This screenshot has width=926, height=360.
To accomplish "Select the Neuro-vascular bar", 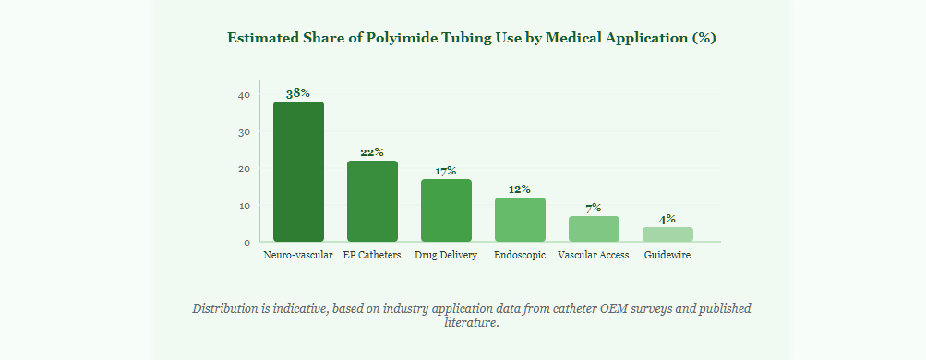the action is (298, 172).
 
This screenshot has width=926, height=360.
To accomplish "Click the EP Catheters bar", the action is (372, 201).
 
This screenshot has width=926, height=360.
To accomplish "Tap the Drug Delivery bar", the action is (446, 210).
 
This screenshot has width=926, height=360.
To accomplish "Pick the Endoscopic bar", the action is (520, 220).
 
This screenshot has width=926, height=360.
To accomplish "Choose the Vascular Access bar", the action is (594, 229).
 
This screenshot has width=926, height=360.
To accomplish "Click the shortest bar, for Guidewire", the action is (667, 234).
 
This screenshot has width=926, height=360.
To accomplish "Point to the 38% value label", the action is (298, 93).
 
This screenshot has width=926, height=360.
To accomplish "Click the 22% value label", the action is (372, 152).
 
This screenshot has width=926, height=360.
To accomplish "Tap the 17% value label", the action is (446, 171).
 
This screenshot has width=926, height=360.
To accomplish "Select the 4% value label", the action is (667, 220).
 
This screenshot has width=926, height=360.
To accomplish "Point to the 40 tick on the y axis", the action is (245, 94).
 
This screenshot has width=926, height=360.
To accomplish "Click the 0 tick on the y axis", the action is (247, 242).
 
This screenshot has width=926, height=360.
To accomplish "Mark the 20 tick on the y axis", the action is (245, 168).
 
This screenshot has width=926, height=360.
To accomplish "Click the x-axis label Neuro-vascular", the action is (298, 256).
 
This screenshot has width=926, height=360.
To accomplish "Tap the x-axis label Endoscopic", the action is (520, 256).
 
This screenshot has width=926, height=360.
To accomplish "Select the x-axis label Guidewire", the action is (667, 256).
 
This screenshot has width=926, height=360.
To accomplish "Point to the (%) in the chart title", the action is (704, 38).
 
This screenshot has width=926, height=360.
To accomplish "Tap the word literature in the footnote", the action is (470, 323).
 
